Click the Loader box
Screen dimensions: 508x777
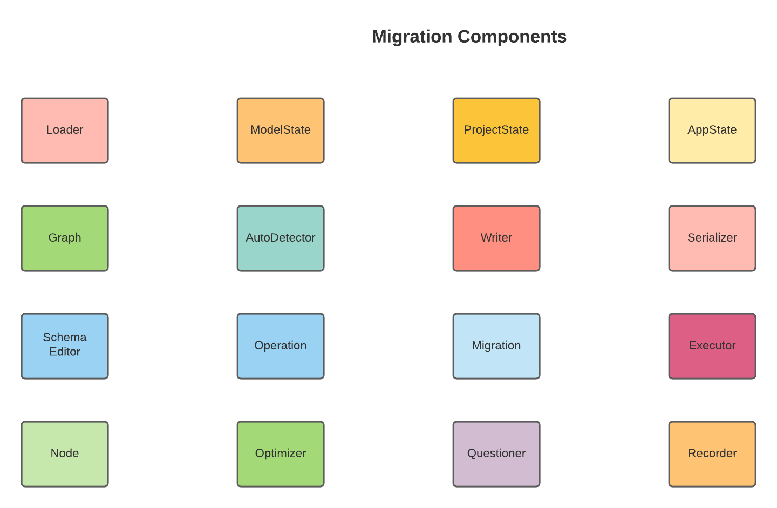pos(65,131)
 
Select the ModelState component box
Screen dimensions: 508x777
pos(281,131)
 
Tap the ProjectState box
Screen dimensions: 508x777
pos(496,131)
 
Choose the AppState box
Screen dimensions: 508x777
pos(712,131)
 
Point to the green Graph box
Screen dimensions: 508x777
pos(65,238)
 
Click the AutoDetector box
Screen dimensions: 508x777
pos(281,238)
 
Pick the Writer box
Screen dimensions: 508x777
pos(496,238)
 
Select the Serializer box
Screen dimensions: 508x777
pos(712,238)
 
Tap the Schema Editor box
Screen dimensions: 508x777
pos(65,346)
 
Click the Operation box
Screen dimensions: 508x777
pos(281,346)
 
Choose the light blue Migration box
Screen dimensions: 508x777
pos(496,346)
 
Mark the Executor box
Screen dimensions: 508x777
pos(712,346)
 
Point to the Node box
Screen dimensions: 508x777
pos(65,454)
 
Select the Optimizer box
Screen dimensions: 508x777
pos(281,454)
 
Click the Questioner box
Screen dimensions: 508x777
pos(496,454)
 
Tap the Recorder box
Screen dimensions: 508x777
pos(712,454)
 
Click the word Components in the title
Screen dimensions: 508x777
pos(512,37)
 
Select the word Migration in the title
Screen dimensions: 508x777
pos(412,37)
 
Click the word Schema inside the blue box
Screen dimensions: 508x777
pos(65,338)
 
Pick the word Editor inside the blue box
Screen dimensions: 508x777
pos(65,352)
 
